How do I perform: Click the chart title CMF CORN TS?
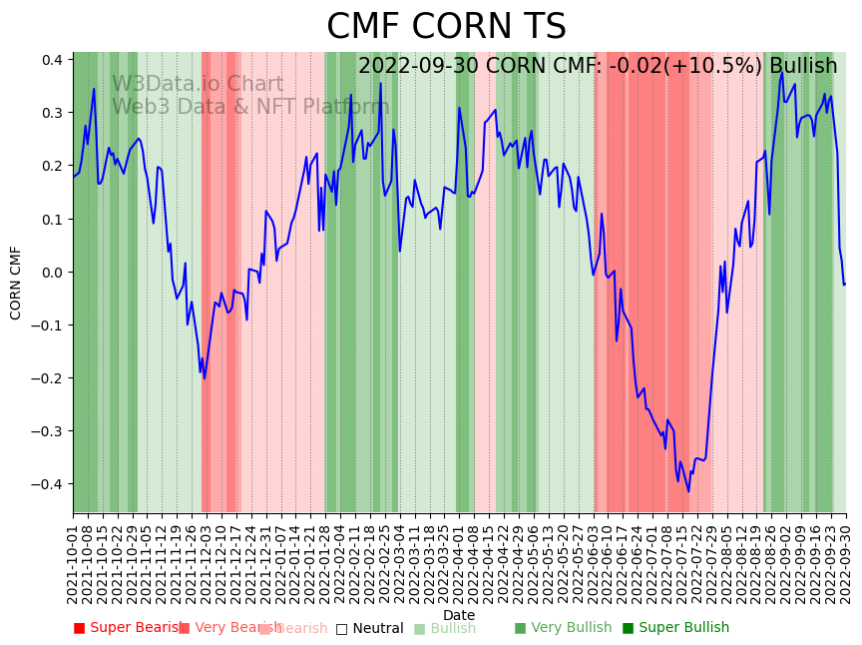446,27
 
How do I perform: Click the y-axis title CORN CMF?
16,283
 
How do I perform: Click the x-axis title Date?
459,615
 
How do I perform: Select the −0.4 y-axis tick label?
50,484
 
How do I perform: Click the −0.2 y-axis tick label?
50,378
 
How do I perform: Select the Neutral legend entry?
369,628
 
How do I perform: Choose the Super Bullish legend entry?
675,628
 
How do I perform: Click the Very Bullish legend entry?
563,628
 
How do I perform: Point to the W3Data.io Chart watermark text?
198,85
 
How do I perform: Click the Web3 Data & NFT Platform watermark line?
249,107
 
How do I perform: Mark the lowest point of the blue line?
688,491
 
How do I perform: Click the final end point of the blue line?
845,284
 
